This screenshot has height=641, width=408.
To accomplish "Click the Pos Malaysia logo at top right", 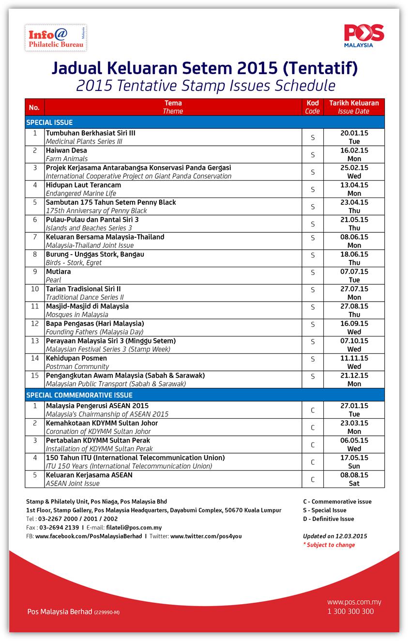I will [x=364, y=36].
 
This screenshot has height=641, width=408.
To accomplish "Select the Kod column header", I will [x=312, y=107].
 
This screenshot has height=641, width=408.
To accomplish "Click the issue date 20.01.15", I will [x=354, y=133].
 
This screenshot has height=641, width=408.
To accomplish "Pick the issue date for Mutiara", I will [x=354, y=272].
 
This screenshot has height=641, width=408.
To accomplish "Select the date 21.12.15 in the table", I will [x=354, y=376].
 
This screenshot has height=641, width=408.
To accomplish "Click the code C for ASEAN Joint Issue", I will [x=313, y=479].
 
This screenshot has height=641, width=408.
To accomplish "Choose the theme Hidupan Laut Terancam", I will [x=83, y=185].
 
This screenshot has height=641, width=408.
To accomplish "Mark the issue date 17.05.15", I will [x=354, y=458].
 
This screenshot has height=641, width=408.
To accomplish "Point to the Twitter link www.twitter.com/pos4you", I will [x=206, y=536].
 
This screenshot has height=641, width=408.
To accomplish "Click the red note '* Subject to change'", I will [x=329, y=545].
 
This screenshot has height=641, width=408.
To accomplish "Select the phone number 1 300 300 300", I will [x=350, y=611].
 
